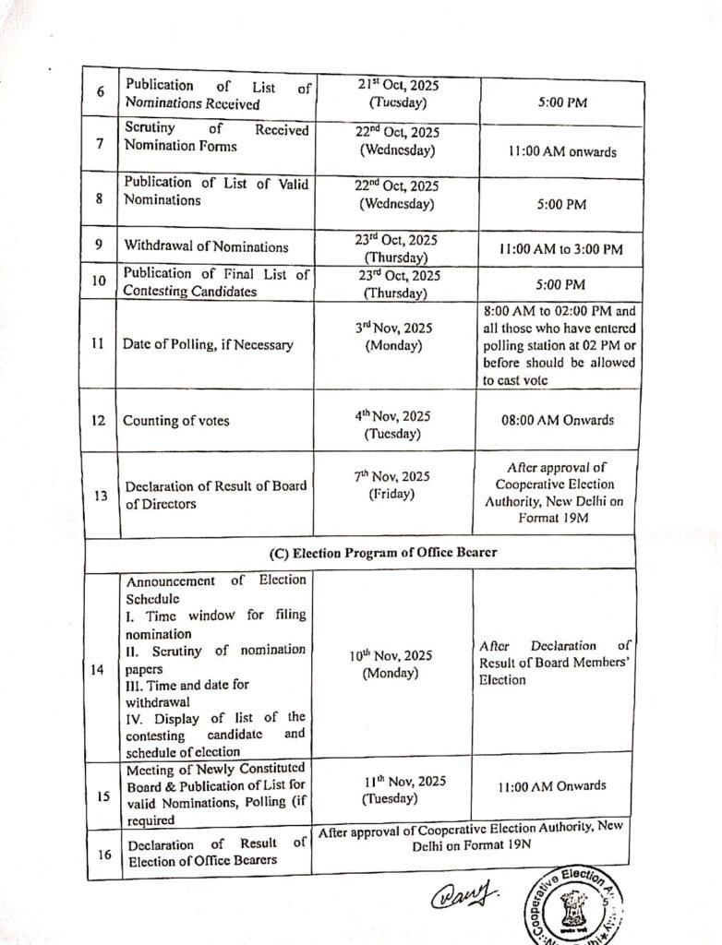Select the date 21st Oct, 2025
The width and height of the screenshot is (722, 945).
(x=399, y=85)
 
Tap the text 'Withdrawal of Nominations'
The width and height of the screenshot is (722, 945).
(x=207, y=246)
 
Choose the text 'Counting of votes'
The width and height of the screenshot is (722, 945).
(x=177, y=421)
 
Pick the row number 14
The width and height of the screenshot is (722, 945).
(x=98, y=668)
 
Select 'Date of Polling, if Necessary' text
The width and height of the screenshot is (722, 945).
(x=209, y=344)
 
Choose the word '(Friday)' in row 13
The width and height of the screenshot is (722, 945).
(x=391, y=494)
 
